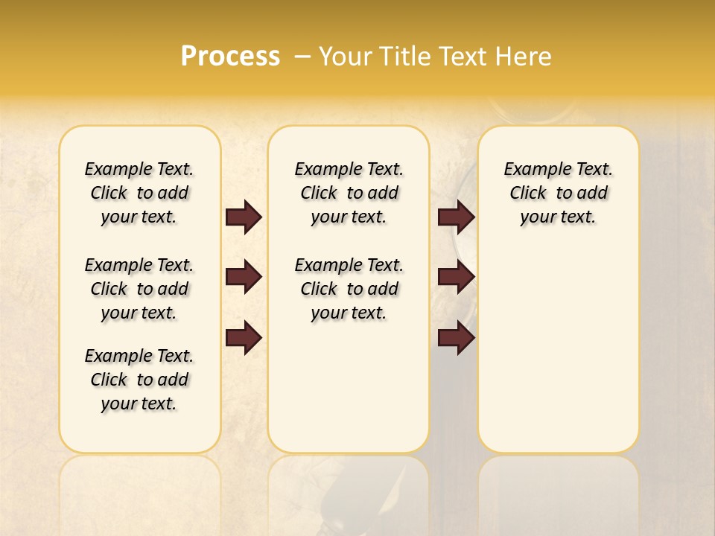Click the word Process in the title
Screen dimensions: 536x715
[230, 57]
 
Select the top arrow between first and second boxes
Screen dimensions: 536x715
[244, 217]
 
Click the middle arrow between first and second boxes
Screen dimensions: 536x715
[244, 278]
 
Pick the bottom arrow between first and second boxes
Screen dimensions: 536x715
[244, 338]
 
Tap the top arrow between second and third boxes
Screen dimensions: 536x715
[457, 217]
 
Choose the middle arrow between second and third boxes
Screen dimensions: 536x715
[457, 278]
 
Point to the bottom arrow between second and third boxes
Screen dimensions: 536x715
[457, 338]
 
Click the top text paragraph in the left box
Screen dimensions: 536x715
[139, 193]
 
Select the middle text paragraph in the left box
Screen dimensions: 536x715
[139, 289]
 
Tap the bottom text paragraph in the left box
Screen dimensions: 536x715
[139, 380]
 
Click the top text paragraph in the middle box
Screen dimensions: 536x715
[349, 193]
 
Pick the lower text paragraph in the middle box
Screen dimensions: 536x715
[349, 289]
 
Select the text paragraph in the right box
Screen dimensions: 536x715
[559, 193]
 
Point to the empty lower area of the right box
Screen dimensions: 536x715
[559, 350]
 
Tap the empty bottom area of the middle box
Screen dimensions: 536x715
[349, 395]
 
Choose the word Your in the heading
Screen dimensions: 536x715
[345, 57]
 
